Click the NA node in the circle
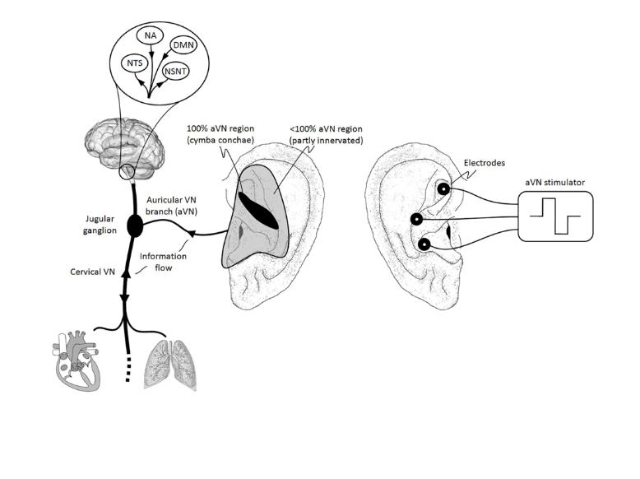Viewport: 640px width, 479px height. pos(149,35)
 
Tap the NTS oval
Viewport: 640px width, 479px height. pos(133,63)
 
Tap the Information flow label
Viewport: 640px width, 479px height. pos(162,261)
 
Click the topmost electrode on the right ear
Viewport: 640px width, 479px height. pos(443,188)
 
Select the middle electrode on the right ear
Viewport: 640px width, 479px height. pos(417,219)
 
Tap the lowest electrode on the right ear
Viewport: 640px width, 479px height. pos(424,244)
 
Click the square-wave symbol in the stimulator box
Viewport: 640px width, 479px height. pos(555,216)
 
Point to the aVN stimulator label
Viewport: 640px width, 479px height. pos(555,180)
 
